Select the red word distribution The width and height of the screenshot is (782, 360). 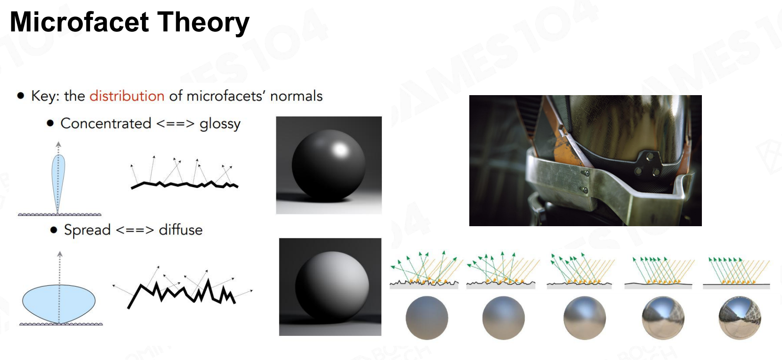coord(127,96)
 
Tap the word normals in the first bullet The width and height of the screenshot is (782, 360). coord(296,96)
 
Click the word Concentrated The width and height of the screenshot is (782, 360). coord(106,123)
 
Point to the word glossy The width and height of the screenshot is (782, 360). coord(220,124)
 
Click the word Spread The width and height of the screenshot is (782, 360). coord(87,230)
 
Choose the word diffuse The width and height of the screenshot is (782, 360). coord(181,230)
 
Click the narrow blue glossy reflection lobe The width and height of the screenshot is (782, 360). coord(58,182)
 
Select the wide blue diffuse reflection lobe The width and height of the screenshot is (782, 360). coord(59,303)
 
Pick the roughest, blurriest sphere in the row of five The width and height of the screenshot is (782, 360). coord(427,318)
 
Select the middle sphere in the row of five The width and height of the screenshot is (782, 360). coord(585,318)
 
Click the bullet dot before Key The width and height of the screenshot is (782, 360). coord(20,96)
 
